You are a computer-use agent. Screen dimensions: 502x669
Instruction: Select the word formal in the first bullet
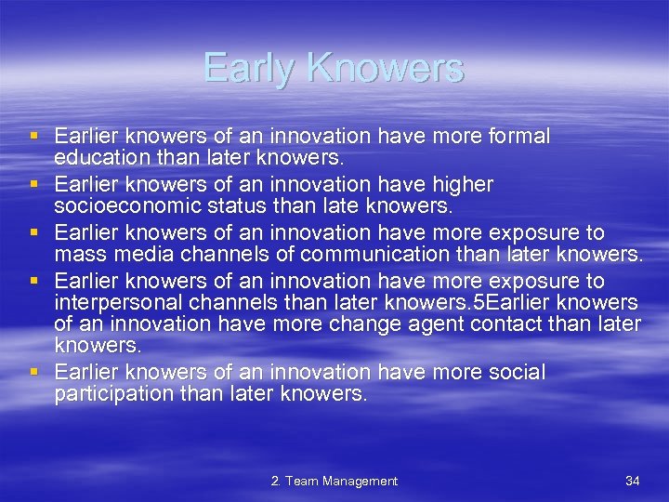point(517,137)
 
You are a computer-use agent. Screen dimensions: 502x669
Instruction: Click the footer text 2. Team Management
point(334,481)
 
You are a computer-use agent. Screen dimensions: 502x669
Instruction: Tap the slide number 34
point(632,481)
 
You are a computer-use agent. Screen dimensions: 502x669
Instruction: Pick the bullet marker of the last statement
point(34,373)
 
